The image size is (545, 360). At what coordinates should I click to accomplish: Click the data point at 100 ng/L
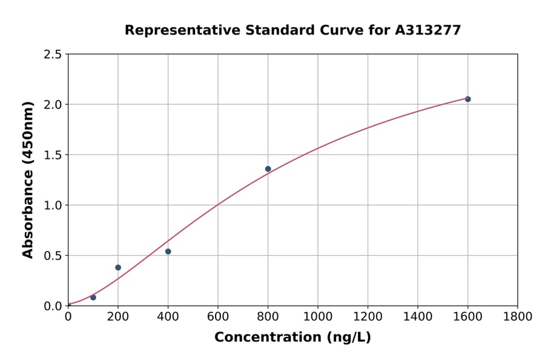point(93,298)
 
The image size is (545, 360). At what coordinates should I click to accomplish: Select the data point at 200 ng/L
point(118,267)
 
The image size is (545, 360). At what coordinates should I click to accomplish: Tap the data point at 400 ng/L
point(168,252)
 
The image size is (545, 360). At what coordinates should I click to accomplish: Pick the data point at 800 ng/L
point(268,169)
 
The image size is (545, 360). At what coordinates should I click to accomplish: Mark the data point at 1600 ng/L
point(467,99)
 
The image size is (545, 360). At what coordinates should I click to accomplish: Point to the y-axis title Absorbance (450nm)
point(28,179)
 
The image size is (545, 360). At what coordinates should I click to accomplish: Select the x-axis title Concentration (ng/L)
point(292,338)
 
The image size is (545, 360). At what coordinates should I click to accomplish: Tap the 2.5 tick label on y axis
point(52,55)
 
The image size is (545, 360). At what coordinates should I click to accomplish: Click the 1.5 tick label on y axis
point(52,155)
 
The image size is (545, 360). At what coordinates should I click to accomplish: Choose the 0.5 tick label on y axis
point(52,256)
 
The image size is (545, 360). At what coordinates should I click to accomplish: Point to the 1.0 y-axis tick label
point(52,205)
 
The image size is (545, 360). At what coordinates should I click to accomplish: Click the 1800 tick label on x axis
point(518,316)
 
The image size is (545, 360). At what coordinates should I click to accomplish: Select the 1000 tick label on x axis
point(318,316)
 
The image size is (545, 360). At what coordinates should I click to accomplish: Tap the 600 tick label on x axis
point(218,316)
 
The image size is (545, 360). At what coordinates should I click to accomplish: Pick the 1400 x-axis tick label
point(418,316)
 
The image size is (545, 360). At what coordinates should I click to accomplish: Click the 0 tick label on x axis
point(68,316)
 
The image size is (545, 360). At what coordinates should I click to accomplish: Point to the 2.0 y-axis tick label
point(52,105)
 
